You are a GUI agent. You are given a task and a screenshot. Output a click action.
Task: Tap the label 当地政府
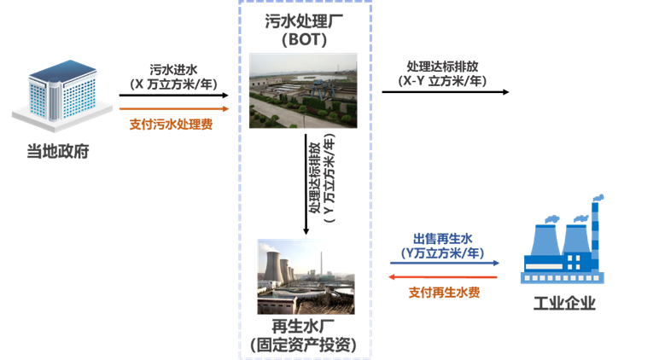(x=58, y=153)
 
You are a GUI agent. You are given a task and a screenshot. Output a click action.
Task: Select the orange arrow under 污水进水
(x=174, y=109)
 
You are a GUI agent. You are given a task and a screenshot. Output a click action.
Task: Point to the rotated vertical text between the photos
(x=322, y=182)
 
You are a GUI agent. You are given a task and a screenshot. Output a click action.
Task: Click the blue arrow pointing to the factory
(x=444, y=264)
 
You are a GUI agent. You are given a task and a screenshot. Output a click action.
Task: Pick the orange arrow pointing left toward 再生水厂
(x=444, y=278)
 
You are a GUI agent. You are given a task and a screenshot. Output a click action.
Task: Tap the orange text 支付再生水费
(x=444, y=293)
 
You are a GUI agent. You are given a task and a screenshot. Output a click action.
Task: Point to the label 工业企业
(x=563, y=303)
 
